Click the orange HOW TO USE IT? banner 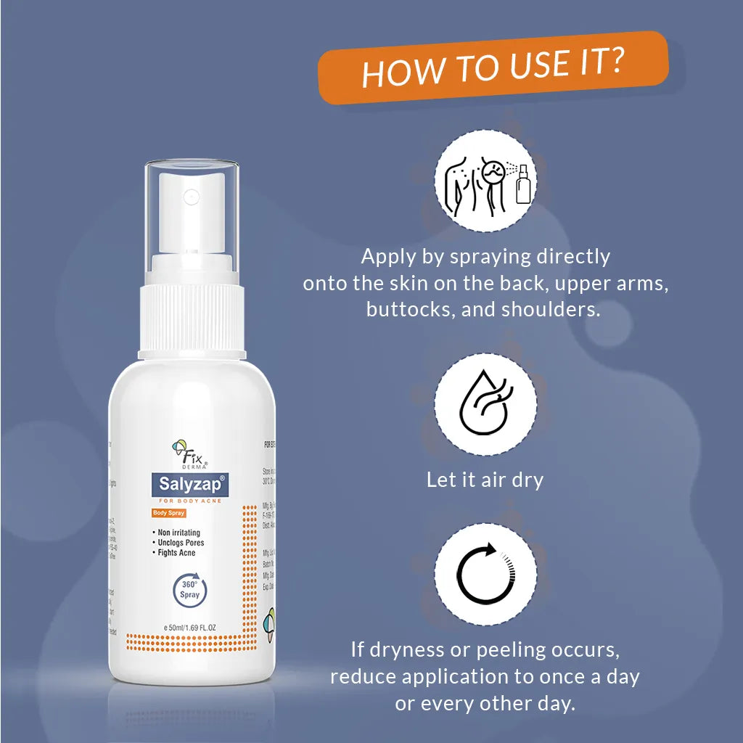[493, 67]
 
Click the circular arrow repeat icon [485, 574]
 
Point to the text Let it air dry [485, 480]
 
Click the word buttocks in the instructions [407, 309]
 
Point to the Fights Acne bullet [176, 553]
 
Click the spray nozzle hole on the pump [192, 196]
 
